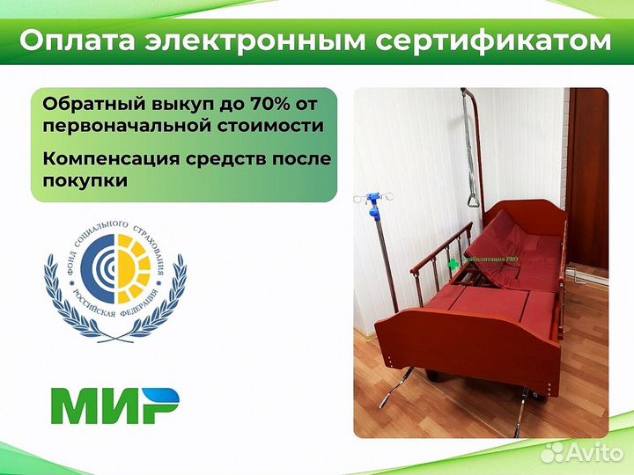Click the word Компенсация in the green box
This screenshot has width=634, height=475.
[107, 159]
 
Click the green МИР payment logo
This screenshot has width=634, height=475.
[115, 406]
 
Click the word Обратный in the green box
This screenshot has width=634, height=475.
[85, 104]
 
